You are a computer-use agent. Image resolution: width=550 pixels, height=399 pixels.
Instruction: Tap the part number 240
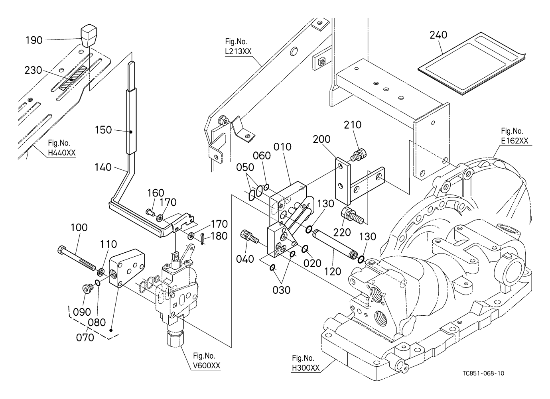(438, 35)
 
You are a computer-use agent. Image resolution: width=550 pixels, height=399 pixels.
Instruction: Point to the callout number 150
(103, 130)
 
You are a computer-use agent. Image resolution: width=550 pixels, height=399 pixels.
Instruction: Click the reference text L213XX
(238, 51)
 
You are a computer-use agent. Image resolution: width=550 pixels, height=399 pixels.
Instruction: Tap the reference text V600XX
(207, 366)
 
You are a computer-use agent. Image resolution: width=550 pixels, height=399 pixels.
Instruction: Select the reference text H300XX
(306, 368)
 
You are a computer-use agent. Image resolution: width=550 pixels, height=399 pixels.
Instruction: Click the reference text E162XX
(515, 141)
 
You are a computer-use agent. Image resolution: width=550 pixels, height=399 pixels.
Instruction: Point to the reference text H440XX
(62, 153)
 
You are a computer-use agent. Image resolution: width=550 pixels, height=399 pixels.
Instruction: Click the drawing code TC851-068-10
(483, 373)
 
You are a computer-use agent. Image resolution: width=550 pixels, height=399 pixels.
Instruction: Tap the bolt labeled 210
(360, 154)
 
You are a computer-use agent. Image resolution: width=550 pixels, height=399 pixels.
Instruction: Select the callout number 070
(85, 338)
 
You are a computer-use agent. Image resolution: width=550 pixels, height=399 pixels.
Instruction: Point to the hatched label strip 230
(73, 78)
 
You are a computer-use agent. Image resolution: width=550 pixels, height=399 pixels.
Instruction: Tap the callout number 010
(282, 147)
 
